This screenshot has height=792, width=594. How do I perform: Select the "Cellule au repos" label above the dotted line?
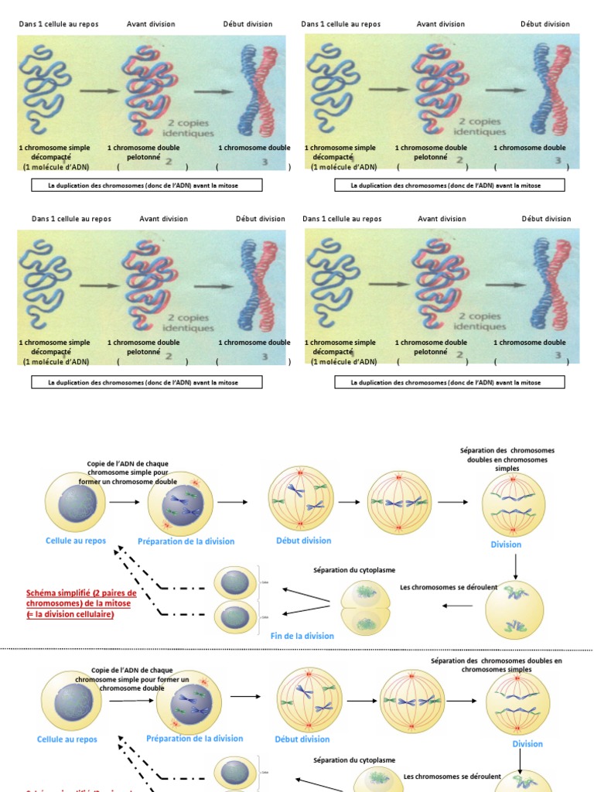[x=75, y=541]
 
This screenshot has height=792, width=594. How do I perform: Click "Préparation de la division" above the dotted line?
[x=186, y=541]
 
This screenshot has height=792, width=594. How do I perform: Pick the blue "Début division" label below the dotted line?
[x=302, y=739]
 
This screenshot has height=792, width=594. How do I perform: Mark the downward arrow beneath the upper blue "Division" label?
[x=515, y=567]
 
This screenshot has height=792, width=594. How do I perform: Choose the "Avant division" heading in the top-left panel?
[x=151, y=24]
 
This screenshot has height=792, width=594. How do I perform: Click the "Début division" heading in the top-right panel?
[x=545, y=24]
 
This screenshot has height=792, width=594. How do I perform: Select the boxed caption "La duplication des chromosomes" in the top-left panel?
[x=146, y=186]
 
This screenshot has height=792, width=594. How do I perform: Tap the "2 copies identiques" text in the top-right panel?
[x=480, y=127]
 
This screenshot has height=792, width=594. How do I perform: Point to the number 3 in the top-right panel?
[x=558, y=160]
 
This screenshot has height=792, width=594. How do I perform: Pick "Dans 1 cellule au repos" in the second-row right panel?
[x=342, y=219]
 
